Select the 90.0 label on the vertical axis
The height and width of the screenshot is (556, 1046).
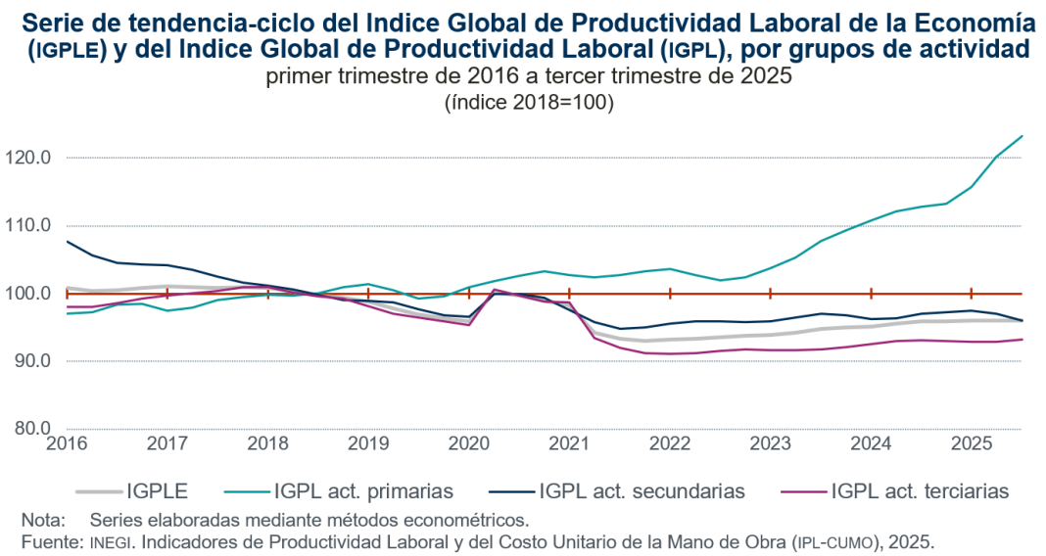tap(34, 361)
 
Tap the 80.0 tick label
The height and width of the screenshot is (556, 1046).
tap(34, 429)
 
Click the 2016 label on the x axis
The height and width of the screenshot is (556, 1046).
tap(66, 443)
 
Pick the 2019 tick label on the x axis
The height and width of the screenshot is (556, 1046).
tap(367, 443)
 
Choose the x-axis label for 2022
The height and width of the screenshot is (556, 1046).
tap(670, 443)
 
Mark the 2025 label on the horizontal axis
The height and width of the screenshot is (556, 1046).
tap(972, 443)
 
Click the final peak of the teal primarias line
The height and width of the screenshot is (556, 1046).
tap(1022, 136)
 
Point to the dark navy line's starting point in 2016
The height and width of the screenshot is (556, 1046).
tap(67, 241)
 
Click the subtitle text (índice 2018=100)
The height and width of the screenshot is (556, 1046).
tap(529, 102)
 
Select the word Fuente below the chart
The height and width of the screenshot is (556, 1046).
tap(50, 541)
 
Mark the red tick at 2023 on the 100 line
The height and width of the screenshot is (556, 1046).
tap(771, 293)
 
